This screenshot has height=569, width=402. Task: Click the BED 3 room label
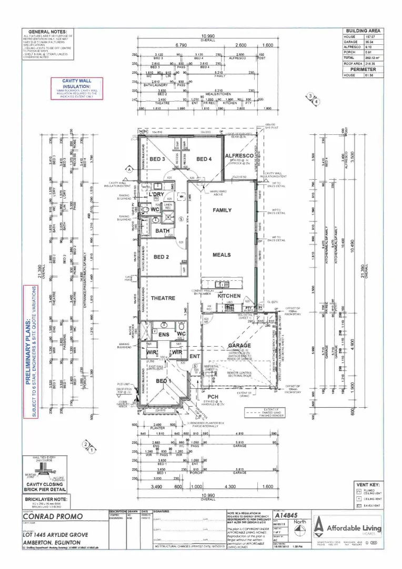coord(157,159)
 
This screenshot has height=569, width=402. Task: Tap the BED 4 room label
coord(204,159)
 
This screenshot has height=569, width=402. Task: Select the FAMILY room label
coord(222,210)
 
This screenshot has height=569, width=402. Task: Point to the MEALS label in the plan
coord(222,254)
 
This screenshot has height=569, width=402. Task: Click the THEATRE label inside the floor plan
coord(163,298)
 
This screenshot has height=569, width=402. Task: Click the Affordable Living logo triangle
coord(318,525)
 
